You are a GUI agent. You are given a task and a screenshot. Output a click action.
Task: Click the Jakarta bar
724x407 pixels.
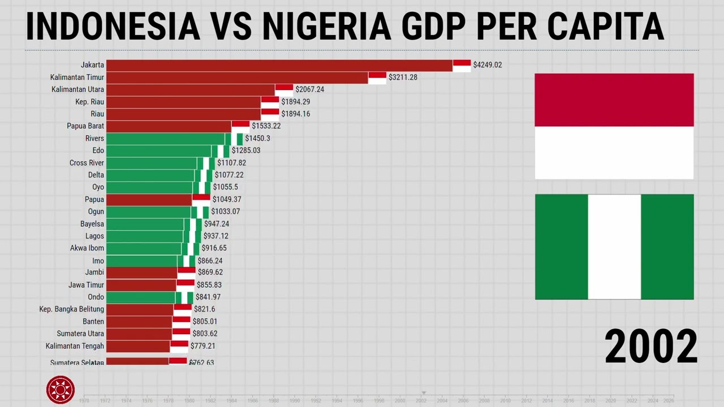pos(279,66)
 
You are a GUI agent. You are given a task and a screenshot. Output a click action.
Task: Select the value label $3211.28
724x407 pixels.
pos(403,77)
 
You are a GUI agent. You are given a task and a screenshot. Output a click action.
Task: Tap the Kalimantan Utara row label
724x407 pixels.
pos(77,89)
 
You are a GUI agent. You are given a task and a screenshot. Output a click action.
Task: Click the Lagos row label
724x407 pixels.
pos(94,236)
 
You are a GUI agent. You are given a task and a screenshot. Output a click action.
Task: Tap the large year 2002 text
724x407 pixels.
pos(650,347)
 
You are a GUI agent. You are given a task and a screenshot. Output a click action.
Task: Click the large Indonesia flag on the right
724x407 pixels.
pos(614,126)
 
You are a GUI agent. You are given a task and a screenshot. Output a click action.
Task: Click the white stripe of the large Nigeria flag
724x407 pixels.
pos(614,246)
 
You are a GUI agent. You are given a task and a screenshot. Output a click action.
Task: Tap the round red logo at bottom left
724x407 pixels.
pos(61,389)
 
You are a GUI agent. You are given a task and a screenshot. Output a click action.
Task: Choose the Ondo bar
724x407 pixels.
pos(141,297)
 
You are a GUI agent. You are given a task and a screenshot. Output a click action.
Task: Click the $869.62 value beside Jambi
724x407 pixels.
pos(210,272)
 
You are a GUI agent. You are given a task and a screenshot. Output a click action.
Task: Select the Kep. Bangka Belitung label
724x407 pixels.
pos(71,309)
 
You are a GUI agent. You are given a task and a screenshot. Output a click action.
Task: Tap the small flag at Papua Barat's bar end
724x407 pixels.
pos(240,126)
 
